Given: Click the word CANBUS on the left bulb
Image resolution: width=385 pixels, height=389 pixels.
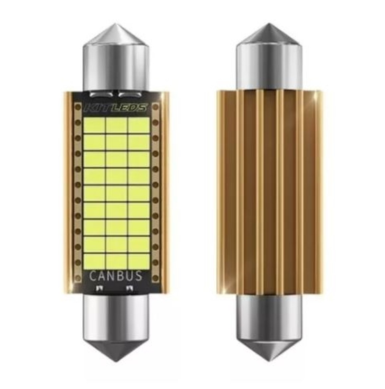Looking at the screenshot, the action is tap(116, 276).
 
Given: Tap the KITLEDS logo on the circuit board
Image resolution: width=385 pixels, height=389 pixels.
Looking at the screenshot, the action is tap(116, 108).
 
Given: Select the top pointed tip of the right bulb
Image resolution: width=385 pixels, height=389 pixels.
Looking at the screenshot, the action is tap(269, 24).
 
